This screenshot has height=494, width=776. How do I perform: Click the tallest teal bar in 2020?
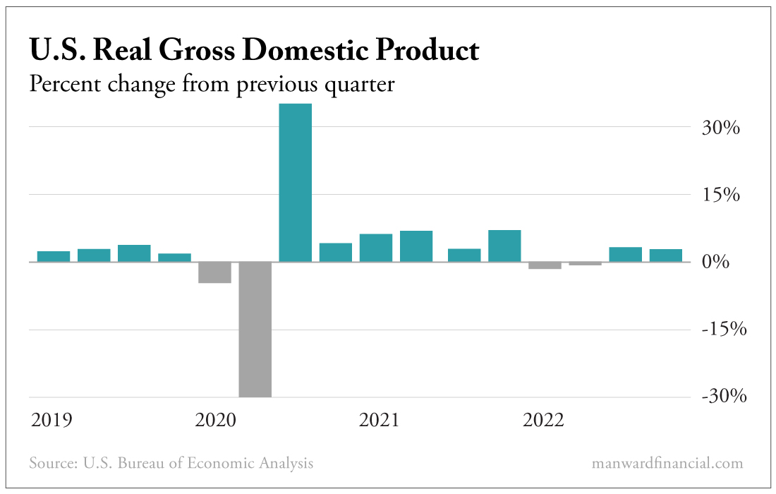click(296, 183)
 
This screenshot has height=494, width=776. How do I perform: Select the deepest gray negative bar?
click(255, 329)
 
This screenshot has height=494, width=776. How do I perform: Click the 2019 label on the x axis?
click(51, 421)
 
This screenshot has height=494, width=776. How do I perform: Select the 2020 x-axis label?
click(215, 421)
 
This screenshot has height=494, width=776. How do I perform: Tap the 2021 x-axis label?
click(379, 421)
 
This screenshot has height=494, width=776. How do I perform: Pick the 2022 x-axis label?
click(543, 421)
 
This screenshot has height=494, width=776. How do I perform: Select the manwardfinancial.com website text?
click(668, 464)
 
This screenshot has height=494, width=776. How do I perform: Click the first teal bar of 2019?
click(54, 256)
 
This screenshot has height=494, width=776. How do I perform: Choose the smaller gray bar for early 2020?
click(214, 272)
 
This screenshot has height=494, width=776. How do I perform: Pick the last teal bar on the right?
click(666, 255)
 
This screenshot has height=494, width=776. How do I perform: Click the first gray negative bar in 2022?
click(545, 265)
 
